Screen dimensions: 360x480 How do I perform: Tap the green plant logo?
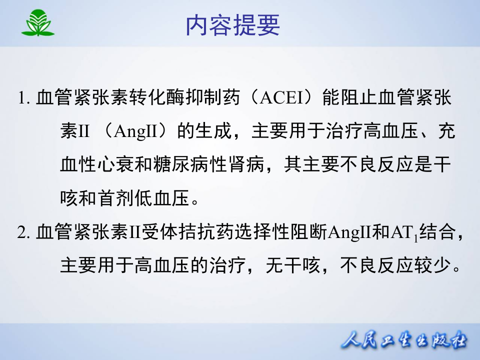pyautogui.click(x=37, y=23)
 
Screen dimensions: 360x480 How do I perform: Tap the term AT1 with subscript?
pyautogui.click(x=403, y=233)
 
